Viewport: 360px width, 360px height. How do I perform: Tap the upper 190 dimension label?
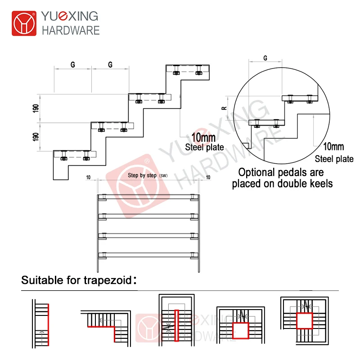(x=36, y=108)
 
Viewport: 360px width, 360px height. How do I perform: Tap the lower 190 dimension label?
(x=36, y=137)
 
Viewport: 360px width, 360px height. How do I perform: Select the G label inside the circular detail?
(x=265, y=58)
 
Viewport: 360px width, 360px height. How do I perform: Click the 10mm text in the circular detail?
(x=333, y=147)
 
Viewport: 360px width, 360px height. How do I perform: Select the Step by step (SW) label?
(x=148, y=175)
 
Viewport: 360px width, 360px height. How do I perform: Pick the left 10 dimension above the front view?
(x=89, y=178)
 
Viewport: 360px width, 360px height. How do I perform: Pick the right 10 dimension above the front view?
(x=207, y=178)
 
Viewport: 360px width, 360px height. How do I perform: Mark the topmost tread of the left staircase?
(x=188, y=69)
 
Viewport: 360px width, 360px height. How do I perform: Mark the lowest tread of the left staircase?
(x=75, y=154)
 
